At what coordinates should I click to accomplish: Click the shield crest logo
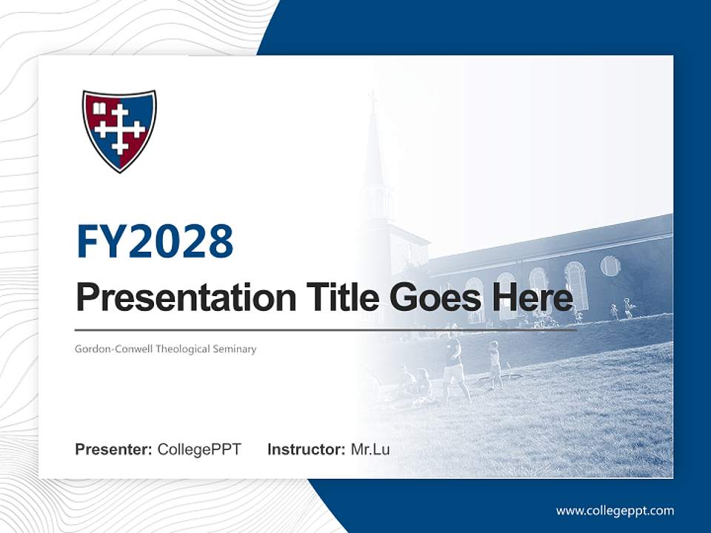(x=119, y=130)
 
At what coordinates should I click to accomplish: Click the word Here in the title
(x=533, y=298)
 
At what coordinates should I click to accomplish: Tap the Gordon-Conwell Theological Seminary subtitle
(x=165, y=349)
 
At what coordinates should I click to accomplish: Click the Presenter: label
(x=113, y=449)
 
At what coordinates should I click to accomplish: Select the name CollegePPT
(x=199, y=449)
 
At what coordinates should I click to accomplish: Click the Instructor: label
(x=306, y=449)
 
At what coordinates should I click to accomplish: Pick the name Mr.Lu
(x=370, y=449)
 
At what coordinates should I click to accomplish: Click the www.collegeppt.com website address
(x=615, y=510)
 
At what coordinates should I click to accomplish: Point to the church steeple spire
(x=373, y=148)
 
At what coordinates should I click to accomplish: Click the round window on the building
(x=610, y=266)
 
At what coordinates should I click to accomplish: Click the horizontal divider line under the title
(x=326, y=329)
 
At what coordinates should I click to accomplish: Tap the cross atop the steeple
(x=373, y=96)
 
